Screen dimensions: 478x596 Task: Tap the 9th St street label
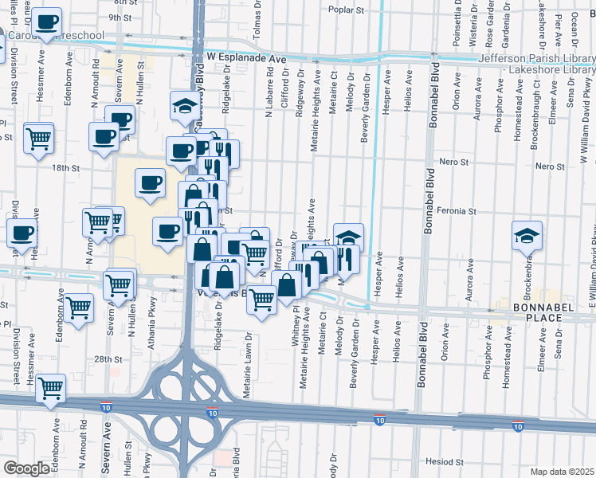pyautogui.click(x=120, y=17)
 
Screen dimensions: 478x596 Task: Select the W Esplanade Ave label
pyautogui.click(x=245, y=58)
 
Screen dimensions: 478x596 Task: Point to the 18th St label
pyautogui.click(x=67, y=168)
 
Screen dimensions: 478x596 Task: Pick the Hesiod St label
pyautogui.click(x=445, y=461)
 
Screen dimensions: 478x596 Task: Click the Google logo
pyautogui.click(x=26, y=468)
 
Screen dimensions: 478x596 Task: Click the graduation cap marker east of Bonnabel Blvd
pyautogui.click(x=527, y=235)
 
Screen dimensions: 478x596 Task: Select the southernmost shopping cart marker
pyautogui.click(x=50, y=389)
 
